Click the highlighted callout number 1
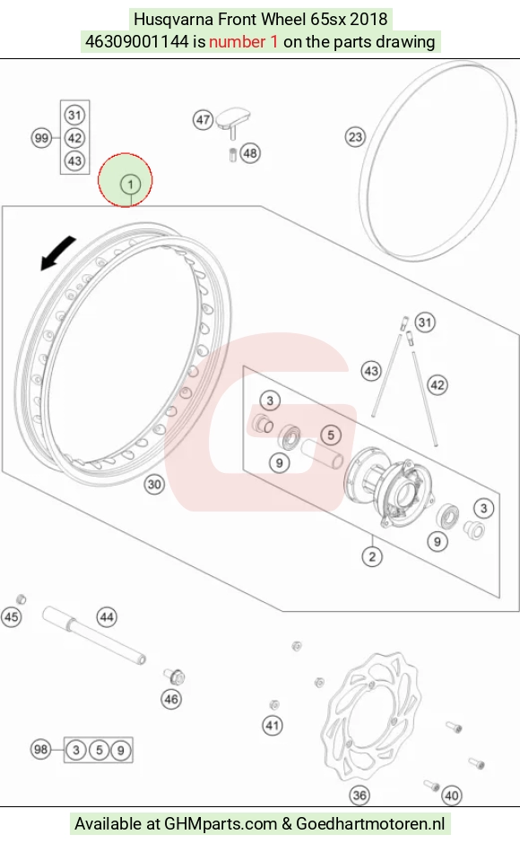point(130,185)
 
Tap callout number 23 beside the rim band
point(355,136)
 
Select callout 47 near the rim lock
point(203,119)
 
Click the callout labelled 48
point(250,153)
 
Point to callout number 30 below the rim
point(154,485)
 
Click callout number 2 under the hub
point(372,556)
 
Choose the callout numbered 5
point(331,435)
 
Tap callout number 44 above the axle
point(107,617)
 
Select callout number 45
point(12,616)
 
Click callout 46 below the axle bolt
point(171,699)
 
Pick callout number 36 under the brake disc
point(360,795)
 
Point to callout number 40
point(452,796)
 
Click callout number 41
point(273,726)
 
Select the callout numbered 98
point(41,749)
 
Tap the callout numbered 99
point(41,138)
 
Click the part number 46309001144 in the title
point(137,41)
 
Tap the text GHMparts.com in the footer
point(220,823)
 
